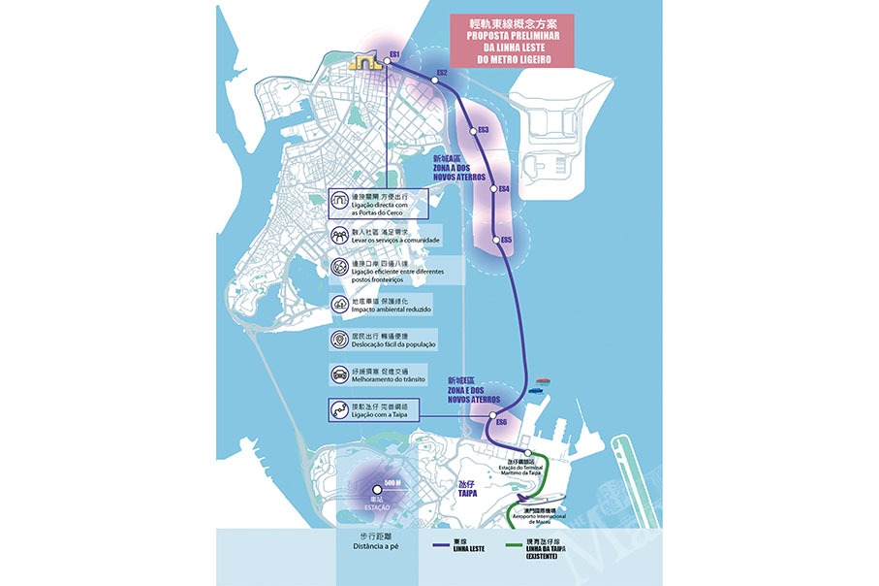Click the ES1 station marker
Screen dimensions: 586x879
point(386,60)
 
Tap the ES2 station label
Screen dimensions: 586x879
point(442,73)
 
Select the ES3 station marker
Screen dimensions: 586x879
point(473,130)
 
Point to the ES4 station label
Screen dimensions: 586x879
point(502,189)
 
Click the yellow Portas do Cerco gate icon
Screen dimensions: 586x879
point(363,63)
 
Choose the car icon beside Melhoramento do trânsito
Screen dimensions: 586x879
point(339,374)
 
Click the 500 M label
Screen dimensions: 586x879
point(392,482)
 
